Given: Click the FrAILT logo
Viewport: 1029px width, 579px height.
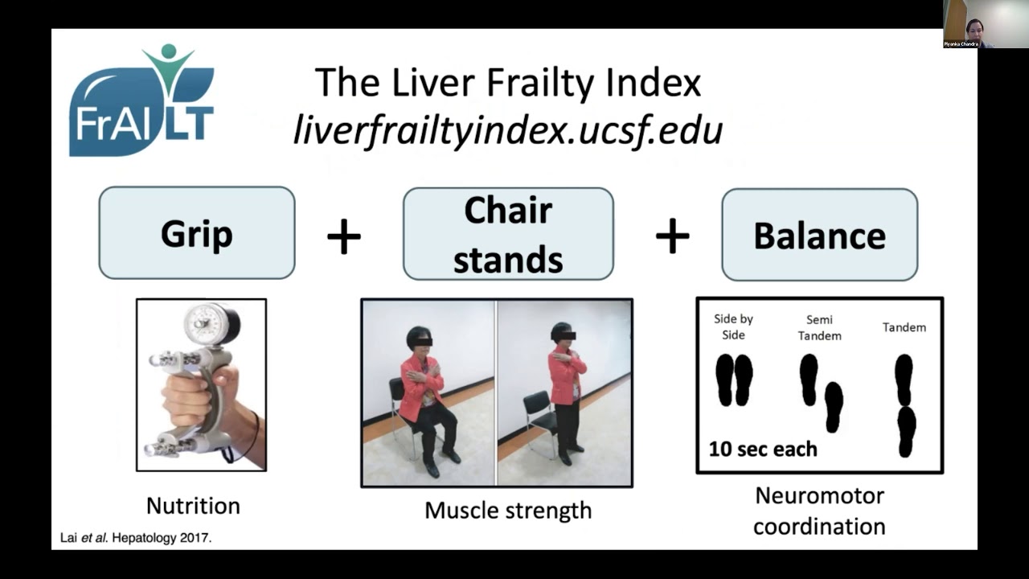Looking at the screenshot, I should point(141,101).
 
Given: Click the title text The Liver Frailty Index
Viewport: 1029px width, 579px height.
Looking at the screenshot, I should point(507,83).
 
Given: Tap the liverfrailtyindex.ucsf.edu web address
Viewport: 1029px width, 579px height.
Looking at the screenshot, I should point(507,129).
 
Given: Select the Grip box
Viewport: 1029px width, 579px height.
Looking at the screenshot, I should point(196,233).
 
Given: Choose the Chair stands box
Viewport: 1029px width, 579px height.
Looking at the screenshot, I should point(507,234).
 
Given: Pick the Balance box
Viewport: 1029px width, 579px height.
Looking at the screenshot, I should point(819,235).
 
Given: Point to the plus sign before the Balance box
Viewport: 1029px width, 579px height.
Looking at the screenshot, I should point(672,236).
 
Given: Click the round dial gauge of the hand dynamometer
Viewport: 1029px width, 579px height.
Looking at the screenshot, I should point(206,324).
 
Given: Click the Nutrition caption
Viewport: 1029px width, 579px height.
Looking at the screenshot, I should point(193,506).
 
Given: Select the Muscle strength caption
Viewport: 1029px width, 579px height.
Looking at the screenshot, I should point(507,510).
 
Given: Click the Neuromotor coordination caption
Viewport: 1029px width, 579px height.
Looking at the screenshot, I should point(819,511).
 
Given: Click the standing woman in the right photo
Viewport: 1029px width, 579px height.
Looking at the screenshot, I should point(566,390).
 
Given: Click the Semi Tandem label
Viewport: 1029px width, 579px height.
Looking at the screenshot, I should point(819,327).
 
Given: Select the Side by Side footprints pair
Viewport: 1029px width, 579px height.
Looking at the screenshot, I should point(734,380).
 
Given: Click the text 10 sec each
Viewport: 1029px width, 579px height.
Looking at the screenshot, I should point(762,448).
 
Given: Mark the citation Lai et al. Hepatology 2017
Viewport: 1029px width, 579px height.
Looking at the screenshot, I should point(137,538).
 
